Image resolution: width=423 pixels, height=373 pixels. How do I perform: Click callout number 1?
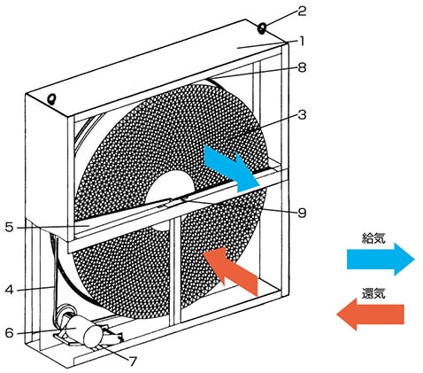[301, 41]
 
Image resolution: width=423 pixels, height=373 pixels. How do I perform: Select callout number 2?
[302, 12]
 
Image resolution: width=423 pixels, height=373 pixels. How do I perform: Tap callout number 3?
[302, 114]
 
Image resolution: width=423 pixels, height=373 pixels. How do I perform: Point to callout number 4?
[10, 290]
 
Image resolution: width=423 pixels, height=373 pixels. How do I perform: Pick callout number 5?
[10, 227]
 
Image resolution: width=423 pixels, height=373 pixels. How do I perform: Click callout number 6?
[10, 333]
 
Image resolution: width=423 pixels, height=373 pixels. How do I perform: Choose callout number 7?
[133, 361]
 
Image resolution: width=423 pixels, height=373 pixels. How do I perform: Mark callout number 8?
[302, 67]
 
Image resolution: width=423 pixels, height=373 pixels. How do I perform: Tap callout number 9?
[302, 213]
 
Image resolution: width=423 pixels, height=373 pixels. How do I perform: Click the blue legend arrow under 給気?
[381, 260]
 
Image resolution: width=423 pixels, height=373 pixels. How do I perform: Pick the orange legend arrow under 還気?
[371, 314]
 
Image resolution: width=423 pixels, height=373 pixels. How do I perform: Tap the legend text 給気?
[373, 238]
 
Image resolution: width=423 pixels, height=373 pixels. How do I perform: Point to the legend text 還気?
[373, 293]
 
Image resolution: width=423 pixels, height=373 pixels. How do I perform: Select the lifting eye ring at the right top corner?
[261, 29]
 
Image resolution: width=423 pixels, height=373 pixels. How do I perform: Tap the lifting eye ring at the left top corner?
[52, 98]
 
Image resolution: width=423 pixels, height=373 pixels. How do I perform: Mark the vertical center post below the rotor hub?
[175, 270]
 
